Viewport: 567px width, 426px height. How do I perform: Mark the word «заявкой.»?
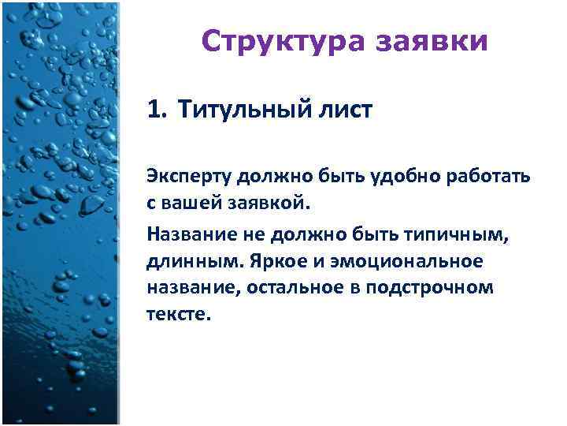coord(271,204)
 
